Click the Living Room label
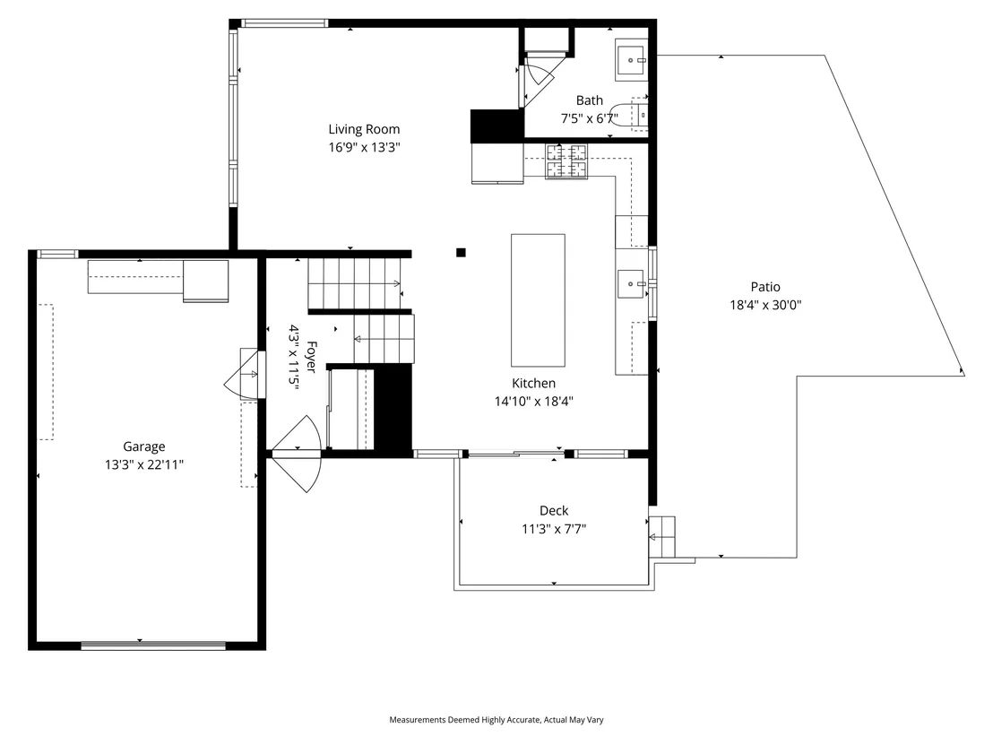[x=364, y=129]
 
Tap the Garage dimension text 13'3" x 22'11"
[x=144, y=464]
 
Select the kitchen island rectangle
[x=539, y=300]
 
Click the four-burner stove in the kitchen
[x=566, y=160]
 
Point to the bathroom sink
[x=631, y=61]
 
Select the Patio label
[x=765, y=287]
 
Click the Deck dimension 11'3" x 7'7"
[x=554, y=528]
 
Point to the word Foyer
[x=311, y=357]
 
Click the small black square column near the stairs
[x=461, y=253]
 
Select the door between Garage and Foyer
[x=245, y=374]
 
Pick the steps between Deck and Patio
[x=661, y=537]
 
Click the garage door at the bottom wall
[x=153, y=645]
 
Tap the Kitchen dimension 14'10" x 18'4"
[x=534, y=401]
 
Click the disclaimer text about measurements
[x=496, y=720]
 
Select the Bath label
[x=590, y=100]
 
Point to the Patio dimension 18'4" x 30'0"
[x=765, y=305]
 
